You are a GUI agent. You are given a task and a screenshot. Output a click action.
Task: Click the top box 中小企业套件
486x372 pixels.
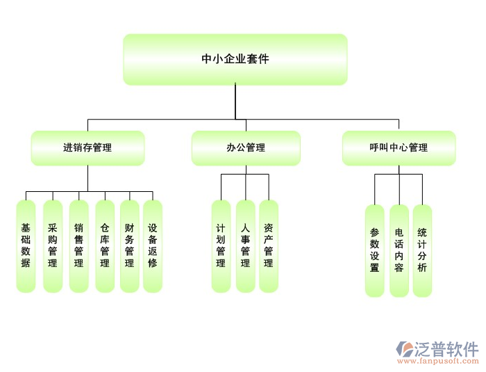tap(235, 59)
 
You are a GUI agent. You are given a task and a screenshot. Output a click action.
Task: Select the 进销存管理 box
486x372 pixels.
tap(87, 147)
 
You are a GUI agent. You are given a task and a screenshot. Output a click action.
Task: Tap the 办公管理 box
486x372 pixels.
tap(246, 147)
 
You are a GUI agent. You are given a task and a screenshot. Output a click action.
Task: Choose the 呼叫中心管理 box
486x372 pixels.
tap(399, 147)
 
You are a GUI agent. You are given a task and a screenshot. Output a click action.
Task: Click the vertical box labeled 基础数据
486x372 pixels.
tap(26, 246)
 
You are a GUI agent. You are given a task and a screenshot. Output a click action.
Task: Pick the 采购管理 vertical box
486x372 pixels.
tap(52, 246)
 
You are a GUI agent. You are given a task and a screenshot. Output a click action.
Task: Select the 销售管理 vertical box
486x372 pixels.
tap(78, 246)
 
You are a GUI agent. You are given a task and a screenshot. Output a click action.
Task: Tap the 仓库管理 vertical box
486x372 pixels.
tap(104, 246)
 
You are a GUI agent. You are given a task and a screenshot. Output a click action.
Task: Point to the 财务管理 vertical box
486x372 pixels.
tap(129, 246)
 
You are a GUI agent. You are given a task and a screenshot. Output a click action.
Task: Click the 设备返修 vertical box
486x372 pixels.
tap(152, 246)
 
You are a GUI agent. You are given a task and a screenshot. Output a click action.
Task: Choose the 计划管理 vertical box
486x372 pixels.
tap(221, 246)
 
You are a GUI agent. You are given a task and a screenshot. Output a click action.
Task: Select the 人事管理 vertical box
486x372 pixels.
tap(245, 246)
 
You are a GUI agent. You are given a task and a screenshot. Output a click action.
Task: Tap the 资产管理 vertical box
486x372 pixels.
tap(268, 246)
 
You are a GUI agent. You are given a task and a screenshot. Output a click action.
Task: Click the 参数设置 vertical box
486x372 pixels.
tap(374, 250)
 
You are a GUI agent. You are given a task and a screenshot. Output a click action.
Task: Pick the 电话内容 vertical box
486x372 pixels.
tap(399, 250)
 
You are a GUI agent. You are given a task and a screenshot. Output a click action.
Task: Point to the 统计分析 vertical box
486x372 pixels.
tap(422, 250)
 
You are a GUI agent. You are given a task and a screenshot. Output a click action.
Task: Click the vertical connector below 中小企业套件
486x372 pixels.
tap(235, 101)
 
